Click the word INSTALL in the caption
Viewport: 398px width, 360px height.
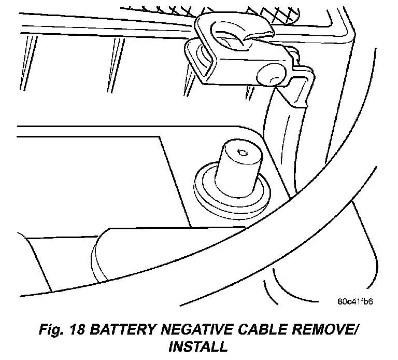coord(198,346)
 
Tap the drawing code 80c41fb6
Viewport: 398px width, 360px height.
coord(356,301)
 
